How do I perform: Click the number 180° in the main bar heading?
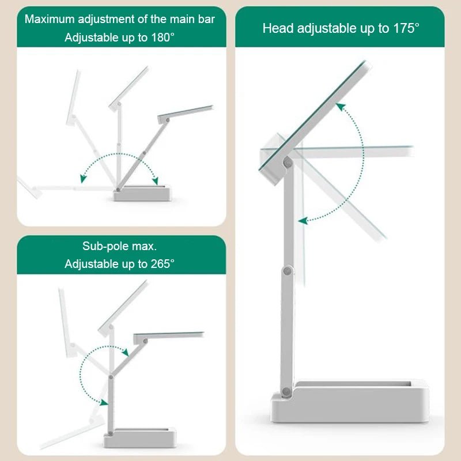click(x=160, y=37)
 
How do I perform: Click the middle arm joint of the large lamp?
click(x=287, y=271)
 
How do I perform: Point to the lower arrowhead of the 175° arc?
click(x=301, y=221)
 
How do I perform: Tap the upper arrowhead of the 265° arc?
click(x=126, y=352)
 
